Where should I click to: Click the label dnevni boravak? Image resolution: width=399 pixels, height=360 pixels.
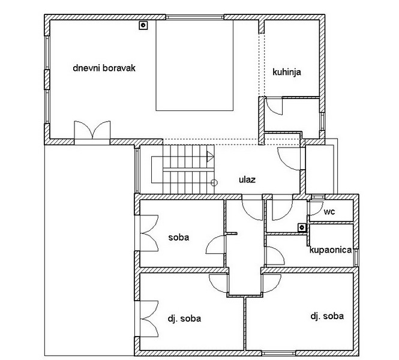(x=104, y=68)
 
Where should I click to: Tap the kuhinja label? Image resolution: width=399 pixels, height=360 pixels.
(x=287, y=72)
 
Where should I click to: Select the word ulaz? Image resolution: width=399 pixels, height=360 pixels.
(x=247, y=179)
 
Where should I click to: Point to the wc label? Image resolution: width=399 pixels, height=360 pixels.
(x=329, y=211)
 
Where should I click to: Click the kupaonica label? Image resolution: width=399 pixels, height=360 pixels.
(x=331, y=250)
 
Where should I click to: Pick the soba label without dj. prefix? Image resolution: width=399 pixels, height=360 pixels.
(x=179, y=238)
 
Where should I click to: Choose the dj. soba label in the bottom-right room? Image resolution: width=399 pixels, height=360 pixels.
(x=327, y=316)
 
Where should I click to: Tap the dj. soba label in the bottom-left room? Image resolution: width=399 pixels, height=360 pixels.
(x=184, y=319)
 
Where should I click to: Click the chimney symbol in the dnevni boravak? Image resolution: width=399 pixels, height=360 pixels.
(x=143, y=25)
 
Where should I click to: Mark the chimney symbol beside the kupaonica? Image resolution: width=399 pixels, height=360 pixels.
(x=302, y=227)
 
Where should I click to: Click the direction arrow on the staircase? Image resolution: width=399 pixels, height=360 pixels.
(x=210, y=157)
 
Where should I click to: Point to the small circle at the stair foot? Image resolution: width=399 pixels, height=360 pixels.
(x=214, y=182)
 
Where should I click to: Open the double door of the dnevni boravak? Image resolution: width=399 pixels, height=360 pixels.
(x=92, y=130)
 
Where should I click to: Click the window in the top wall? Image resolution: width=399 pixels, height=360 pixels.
(x=194, y=17)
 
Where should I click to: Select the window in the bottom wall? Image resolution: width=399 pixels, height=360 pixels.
(x=278, y=353)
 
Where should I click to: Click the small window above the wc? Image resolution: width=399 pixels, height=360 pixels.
(x=318, y=197)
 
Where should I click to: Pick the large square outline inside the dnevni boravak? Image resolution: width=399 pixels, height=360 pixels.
(x=194, y=65)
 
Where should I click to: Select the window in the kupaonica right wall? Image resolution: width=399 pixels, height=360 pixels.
(x=356, y=257)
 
